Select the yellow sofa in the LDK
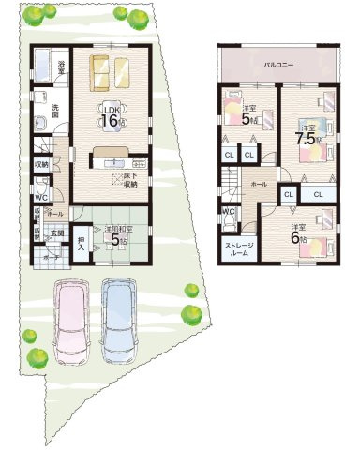coord(111,70)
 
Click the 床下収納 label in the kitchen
coord(126,180)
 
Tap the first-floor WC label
coord(41,198)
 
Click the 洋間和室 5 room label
coord(115,234)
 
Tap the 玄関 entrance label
coord(56,235)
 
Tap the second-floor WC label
coord(228,212)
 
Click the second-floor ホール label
coord(258,184)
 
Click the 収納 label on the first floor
coord(42,165)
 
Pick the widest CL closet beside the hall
coord(318,194)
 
